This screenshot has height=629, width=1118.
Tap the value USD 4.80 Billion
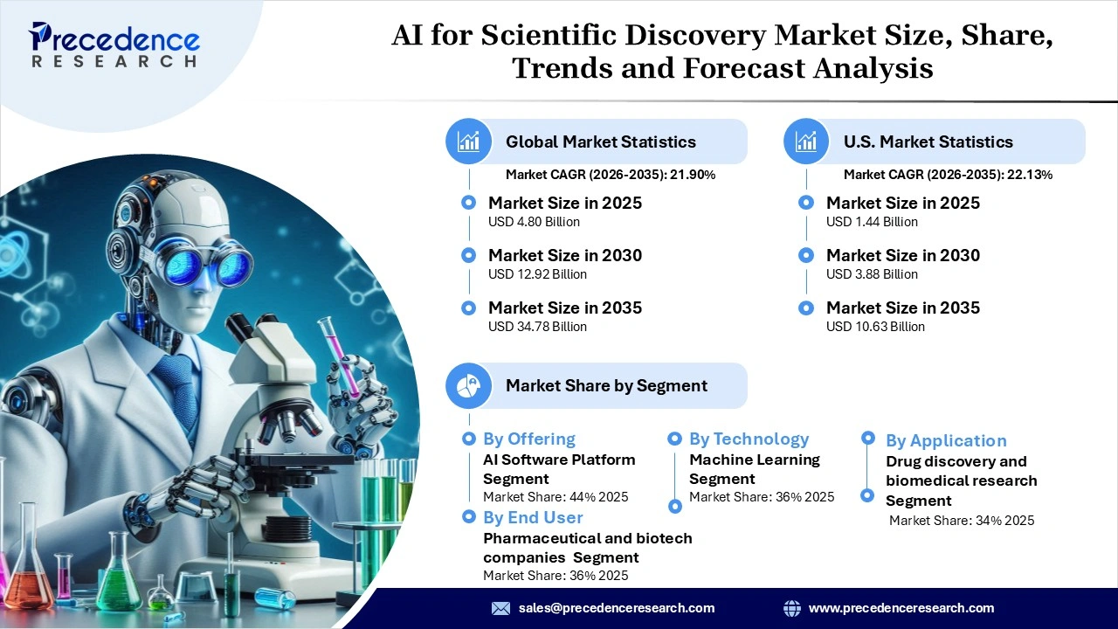(x=534, y=222)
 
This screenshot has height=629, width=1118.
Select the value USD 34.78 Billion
(x=537, y=327)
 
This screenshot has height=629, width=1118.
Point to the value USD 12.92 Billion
(x=537, y=274)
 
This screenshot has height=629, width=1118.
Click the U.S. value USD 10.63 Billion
(x=875, y=327)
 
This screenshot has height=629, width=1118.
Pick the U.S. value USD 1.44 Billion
(x=872, y=222)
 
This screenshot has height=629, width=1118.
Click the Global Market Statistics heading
(x=601, y=142)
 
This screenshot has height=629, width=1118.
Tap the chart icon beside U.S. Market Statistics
(x=806, y=142)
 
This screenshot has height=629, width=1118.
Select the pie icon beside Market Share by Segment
(x=468, y=385)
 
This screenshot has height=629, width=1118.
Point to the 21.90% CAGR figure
(x=693, y=175)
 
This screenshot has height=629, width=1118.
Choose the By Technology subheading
(x=749, y=439)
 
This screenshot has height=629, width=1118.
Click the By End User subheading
(x=533, y=517)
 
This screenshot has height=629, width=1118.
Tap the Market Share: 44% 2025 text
(x=556, y=497)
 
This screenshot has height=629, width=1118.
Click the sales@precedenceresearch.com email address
(x=617, y=608)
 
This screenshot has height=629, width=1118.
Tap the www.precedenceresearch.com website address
(x=901, y=608)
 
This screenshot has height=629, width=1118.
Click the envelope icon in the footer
(x=500, y=608)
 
